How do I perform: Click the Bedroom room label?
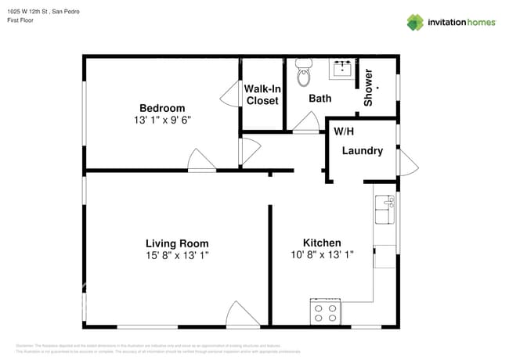click(162, 108)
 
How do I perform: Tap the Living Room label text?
click(177, 243)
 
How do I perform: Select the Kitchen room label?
click(322, 243)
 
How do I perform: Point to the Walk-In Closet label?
click(262, 95)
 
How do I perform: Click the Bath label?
click(319, 99)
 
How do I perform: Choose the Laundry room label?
click(362, 150)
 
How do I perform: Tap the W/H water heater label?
click(343, 131)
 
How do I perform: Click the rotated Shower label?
click(368, 88)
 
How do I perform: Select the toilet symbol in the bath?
click(304, 74)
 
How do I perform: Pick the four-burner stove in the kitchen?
click(325, 312)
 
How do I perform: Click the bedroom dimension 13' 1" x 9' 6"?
click(162, 121)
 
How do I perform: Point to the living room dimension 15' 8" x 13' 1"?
click(177, 255)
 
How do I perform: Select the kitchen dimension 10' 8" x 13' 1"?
click(322, 255)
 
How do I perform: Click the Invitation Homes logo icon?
click(415, 22)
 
